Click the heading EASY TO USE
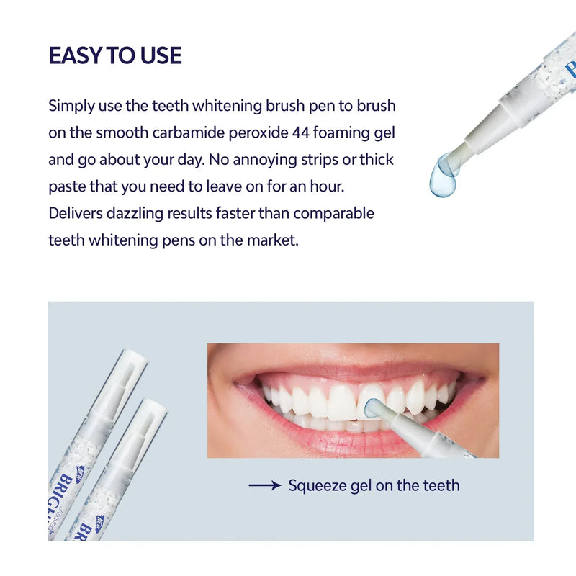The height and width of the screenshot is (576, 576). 115,55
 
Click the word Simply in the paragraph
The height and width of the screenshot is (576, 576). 71,106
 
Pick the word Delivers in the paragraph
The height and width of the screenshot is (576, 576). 76,213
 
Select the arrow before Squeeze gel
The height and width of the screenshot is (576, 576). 264,486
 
